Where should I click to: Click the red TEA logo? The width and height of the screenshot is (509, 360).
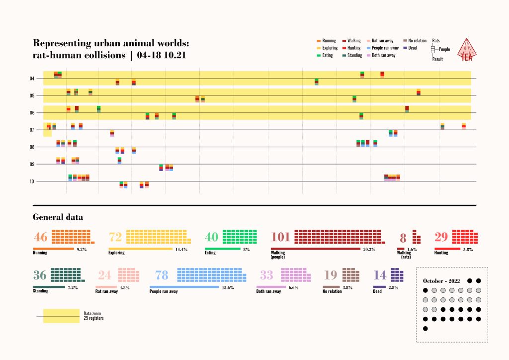[467, 50]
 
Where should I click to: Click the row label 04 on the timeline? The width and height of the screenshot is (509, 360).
[31, 79]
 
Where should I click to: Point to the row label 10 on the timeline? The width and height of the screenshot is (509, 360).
[31, 181]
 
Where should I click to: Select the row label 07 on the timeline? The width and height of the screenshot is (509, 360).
[31, 130]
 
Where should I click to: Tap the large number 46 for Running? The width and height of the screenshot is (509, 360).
[40, 237]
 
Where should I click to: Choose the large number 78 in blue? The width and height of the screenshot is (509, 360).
[162, 275]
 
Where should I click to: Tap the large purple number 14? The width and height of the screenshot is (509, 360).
[380, 275]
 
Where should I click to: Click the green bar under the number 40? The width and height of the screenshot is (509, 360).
[223, 249]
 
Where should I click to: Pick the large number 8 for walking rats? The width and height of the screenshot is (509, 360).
[403, 237]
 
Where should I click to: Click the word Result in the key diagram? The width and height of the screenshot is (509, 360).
[437, 59]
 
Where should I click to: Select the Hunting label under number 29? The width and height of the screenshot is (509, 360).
[441, 253]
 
